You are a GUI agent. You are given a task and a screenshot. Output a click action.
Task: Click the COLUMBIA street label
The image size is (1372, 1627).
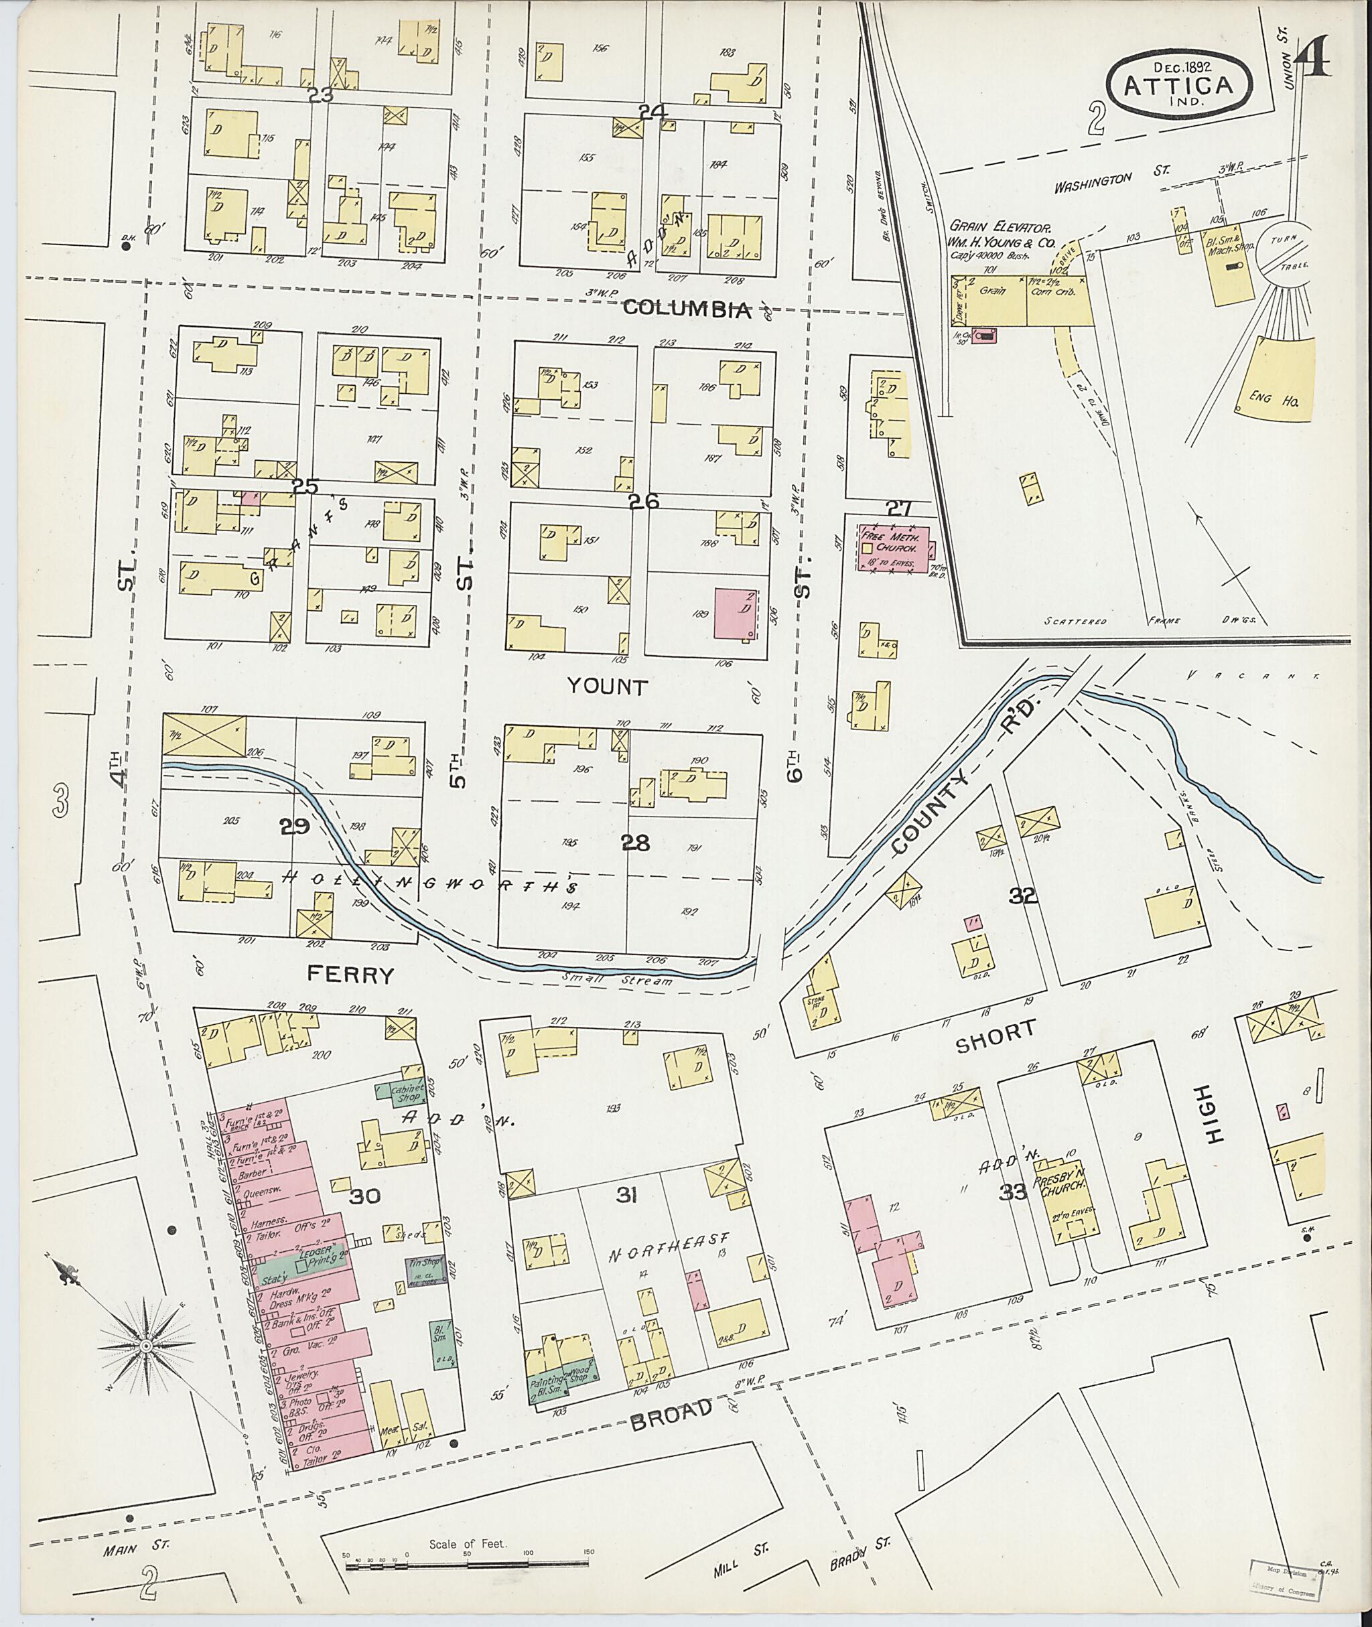point(687,309)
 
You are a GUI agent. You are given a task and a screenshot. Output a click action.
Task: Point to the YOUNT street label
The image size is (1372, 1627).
point(607,687)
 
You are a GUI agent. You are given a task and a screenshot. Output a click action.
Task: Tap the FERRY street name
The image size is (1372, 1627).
point(351,975)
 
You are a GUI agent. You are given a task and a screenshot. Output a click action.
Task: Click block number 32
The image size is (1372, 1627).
point(1023,896)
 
